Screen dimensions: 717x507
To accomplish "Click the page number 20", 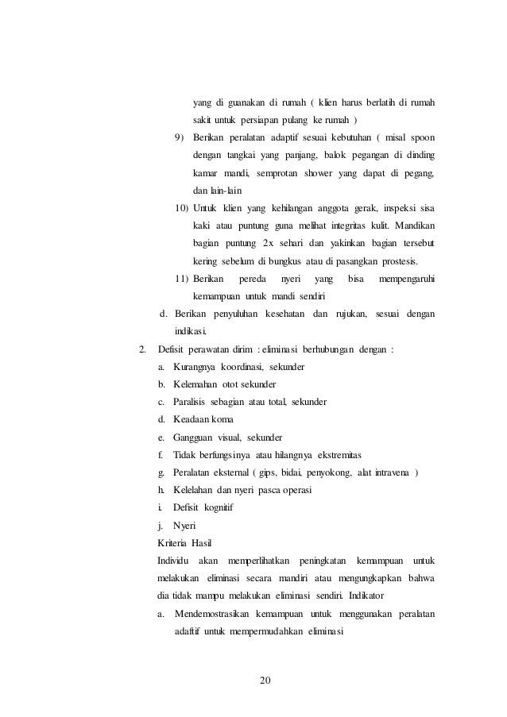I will pos(266,680).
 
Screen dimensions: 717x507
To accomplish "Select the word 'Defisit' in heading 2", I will pos(173,349).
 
